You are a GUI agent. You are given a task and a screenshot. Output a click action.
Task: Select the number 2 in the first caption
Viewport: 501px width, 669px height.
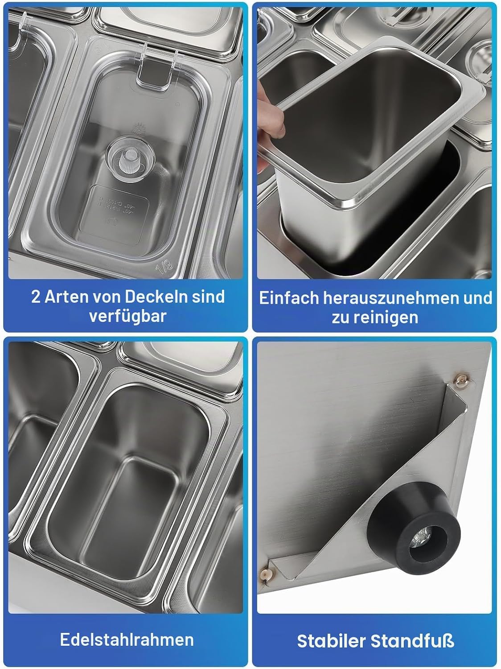pos(36,297)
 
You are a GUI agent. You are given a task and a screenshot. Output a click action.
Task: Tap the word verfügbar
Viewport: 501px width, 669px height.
pos(128,316)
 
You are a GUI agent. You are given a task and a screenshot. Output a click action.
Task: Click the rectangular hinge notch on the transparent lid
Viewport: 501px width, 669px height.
pos(154,74)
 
